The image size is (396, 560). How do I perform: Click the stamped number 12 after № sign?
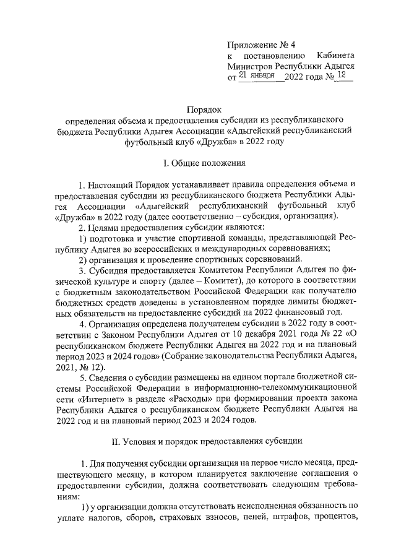pos(342,75)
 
